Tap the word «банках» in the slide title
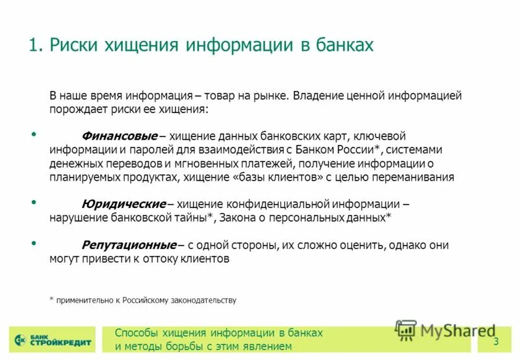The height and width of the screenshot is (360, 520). pos(344,45)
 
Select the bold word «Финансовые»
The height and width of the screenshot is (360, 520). pos(120,136)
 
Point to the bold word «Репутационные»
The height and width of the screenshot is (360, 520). pos(129,246)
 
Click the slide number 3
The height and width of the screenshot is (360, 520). pos(496,342)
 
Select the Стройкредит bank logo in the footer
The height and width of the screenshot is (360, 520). pos(53,340)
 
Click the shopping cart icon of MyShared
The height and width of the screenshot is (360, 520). pos(406,331)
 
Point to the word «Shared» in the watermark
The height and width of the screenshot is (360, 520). pos(470,331)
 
